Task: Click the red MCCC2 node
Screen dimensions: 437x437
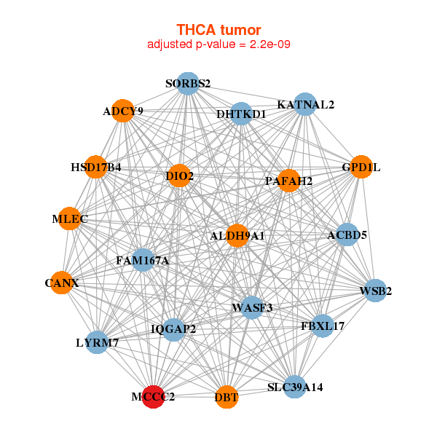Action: coord(152,396)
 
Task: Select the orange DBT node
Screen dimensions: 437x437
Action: coord(227,396)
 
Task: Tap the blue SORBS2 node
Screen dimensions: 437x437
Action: coord(188,84)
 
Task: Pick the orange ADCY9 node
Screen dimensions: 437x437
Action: coord(124,111)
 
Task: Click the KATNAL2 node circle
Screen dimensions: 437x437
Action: coord(304,104)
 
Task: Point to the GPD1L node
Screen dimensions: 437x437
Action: coord(361,167)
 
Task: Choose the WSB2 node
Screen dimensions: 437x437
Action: coord(375,291)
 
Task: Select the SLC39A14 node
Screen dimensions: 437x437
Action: coord(294,387)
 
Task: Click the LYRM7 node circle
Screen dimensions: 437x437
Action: coord(97,342)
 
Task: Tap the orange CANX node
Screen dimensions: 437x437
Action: coord(62,282)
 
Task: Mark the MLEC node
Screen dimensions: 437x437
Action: coord(70,219)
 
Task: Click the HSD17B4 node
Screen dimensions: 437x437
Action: coord(95,167)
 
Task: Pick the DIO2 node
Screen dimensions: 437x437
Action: coord(179,176)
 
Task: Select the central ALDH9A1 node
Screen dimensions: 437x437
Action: coord(237,235)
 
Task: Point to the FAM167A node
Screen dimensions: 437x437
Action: coord(143,260)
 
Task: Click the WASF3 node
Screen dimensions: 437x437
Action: coord(252,307)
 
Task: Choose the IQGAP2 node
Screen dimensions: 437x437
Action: coord(173,329)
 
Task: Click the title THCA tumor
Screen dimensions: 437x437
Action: coord(219,30)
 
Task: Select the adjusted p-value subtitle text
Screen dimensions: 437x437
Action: coord(219,44)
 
